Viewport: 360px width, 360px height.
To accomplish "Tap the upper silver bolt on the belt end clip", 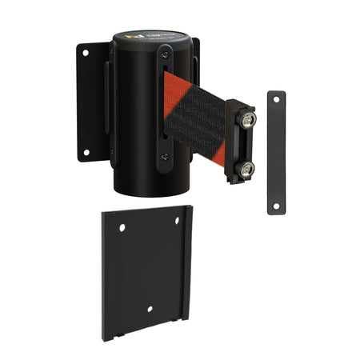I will pyautogui.click(x=248, y=120).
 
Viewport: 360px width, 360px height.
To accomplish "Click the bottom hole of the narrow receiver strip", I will pyautogui.click(x=276, y=206).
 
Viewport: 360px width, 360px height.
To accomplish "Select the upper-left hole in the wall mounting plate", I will pyautogui.click(x=122, y=228).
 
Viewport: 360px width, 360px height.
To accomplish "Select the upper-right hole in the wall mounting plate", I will pyautogui.click(x=178, y=221).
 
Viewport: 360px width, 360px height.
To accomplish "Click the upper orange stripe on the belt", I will pyautogui.click(x=173, y=88).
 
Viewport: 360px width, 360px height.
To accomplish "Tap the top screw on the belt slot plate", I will pyautogui.click(x=164, y=54).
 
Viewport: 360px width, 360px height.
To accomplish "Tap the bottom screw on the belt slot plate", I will pyautogui.click(x=164, y=158).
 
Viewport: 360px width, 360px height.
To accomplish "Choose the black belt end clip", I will pyautogui.click(x=240, y=142).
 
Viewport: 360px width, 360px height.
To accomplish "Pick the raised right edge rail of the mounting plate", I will pyautogui.click(x=188, y=264).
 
